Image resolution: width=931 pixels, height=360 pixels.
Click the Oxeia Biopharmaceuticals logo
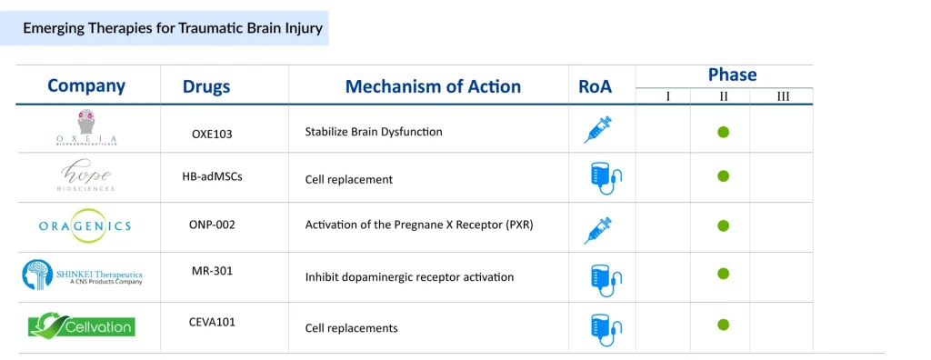point(86,127)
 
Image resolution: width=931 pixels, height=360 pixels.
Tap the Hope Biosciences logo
point(87,177)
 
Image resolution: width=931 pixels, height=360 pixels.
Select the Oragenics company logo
point(85,226)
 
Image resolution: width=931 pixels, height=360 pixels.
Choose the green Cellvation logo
point(82,325)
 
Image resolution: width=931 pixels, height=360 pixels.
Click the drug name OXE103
point(212,134)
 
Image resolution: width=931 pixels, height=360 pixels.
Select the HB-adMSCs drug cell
point(212,176)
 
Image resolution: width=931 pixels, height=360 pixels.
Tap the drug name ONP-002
point(212,225)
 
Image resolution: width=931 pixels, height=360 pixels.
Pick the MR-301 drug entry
point(212,271)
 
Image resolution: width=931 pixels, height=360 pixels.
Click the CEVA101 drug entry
point(212,322)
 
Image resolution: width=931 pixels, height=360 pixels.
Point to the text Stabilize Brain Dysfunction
point(374,131)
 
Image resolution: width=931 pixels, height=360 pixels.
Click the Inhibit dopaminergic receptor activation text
point(409,277)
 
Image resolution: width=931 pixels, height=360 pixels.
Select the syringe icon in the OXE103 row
point(598,130)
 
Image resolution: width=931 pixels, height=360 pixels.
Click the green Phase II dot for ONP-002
point(723,225)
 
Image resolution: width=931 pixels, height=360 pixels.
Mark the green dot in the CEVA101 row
point(723,325)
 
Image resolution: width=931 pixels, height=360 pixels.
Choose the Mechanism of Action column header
point(433,86)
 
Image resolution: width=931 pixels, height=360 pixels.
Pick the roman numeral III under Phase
point(783,96)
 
